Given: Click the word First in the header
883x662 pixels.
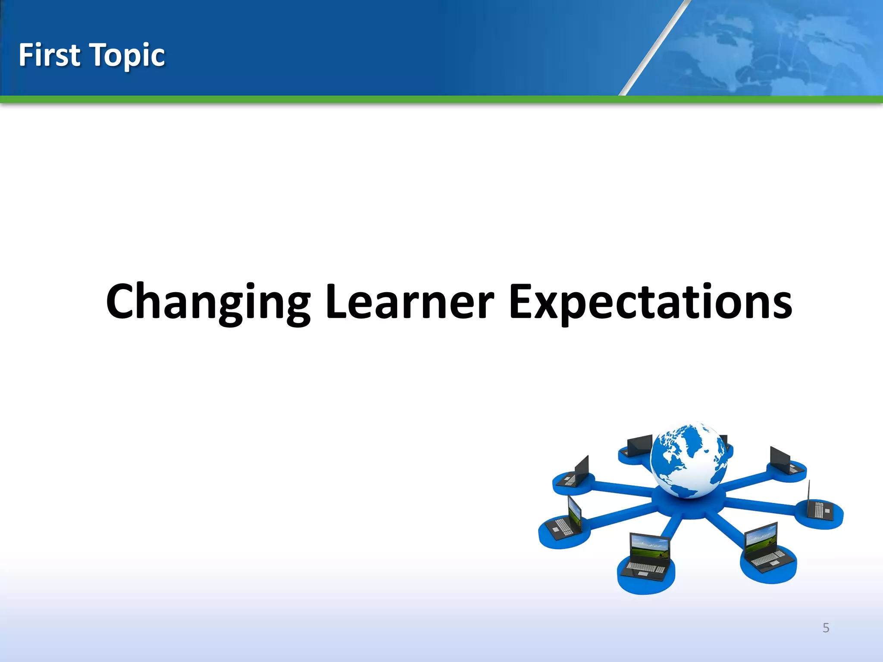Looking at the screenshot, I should (x=49, y=55).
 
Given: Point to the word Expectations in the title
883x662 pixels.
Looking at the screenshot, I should (x=650, y=302).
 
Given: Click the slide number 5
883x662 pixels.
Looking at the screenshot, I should (x=826, y=628).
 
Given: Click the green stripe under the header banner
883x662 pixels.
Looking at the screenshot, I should (x=441, y=100).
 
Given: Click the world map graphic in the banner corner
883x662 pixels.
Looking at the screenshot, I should (x=776, y=47).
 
